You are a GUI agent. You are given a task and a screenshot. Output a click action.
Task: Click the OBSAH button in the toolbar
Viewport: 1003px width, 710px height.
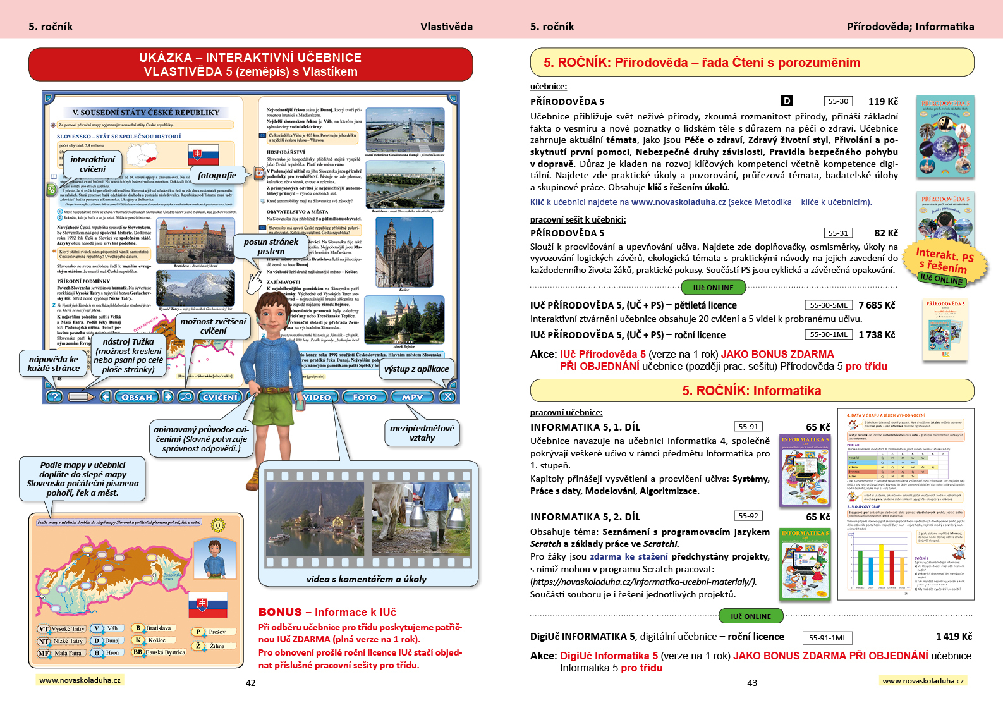pyautogui.click(x=137, y=397)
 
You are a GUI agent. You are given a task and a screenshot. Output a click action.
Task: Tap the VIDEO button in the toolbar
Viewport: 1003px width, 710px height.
pyautogui.click(x=316, y=397)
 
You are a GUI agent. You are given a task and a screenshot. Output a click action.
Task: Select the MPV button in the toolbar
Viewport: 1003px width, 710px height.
pyautogui.click(x=412, y=397)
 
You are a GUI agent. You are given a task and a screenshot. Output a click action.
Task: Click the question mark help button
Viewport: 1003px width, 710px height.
pyautogui.click(x=54, y=397)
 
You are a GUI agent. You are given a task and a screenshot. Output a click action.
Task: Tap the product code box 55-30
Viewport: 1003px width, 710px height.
pyautogui.click(x=838, y=101)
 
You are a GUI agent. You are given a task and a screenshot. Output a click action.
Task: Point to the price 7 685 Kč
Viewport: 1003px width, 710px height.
pyautogui.click(x=877, y=305)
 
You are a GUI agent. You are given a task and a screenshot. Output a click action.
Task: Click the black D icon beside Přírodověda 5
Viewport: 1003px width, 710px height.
pyautogui.click(x=787, y=101)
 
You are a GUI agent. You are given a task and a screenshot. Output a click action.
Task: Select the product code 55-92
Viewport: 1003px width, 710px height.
pyautogui.click(x=748, y=516)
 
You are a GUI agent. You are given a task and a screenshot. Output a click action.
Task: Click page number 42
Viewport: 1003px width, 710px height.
pyautogui.click(x=251, y=683)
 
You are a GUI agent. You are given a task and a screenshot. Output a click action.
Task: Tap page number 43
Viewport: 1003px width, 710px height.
pyautogui.click(x=752, y=683)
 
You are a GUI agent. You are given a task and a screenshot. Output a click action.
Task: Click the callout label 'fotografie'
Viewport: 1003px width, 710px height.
pyautogui.click(x=217, y=176)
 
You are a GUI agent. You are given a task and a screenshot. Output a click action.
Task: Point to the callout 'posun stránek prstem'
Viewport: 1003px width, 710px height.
pyautogui.click(x=271, y=247)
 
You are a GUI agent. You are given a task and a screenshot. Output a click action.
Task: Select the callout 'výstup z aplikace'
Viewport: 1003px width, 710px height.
pyautogui.click(x=416, y=369)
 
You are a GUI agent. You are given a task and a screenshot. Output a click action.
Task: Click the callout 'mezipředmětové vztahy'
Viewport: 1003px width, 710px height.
pyautogui.click(x=422, y=433)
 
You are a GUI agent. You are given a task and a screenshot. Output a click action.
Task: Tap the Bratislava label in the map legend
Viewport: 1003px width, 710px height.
pyautogui.click(x=158, y=628)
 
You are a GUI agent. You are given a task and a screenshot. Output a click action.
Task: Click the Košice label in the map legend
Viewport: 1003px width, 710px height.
pyautogui.click(x=157, y=640)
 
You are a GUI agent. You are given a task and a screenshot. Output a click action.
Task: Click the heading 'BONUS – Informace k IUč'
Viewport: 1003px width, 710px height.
pyautogui.click(x=327, y=612)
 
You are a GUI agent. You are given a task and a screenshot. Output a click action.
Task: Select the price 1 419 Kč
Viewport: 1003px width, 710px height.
pyautogui.click(x=954, y=637)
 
